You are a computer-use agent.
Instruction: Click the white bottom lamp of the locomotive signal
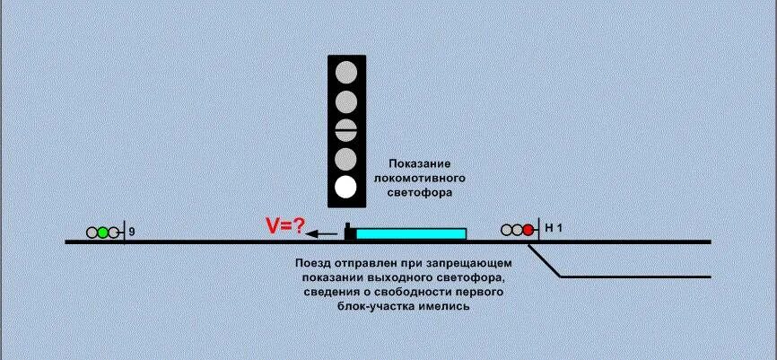(x=346, y=188)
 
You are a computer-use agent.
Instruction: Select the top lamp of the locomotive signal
(x=346, y=72)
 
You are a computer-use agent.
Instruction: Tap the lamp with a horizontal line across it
(x=346, y=130)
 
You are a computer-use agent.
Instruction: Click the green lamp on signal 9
(x=103, y=233)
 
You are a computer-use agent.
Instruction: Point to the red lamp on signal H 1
(x=528, y=230)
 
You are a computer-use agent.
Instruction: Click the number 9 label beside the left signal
(x=131, y=233)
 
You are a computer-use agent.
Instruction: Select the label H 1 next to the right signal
(x=554, y=229)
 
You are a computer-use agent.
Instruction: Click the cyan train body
(x=411, y=233)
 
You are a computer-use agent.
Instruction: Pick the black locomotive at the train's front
(x=349, y=233)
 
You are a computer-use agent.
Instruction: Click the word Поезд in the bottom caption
(x=315, y=263)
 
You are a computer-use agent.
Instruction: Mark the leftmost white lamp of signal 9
(x=92, y=233)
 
